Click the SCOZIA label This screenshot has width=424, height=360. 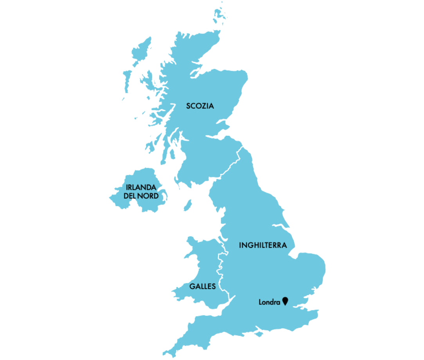click(x=200, y=106)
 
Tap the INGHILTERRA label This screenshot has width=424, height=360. click(x=263, y=245)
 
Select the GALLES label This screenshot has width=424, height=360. click(x=203, y=286)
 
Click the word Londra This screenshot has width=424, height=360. click(x=269, y=302)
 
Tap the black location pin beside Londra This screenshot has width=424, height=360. click(x=286, y=301)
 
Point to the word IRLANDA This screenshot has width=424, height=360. click(x=141, y=187)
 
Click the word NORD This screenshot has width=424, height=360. click(x=148, y=196)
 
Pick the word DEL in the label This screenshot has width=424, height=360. click(x=130, y=196)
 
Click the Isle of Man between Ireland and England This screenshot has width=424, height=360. click(x=188, y=205)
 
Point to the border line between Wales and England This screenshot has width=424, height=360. click(x=220, y=270)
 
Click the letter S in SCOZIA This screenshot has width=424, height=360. click(x=189, y=106)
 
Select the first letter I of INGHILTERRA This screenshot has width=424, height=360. click(x=240, y=245)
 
